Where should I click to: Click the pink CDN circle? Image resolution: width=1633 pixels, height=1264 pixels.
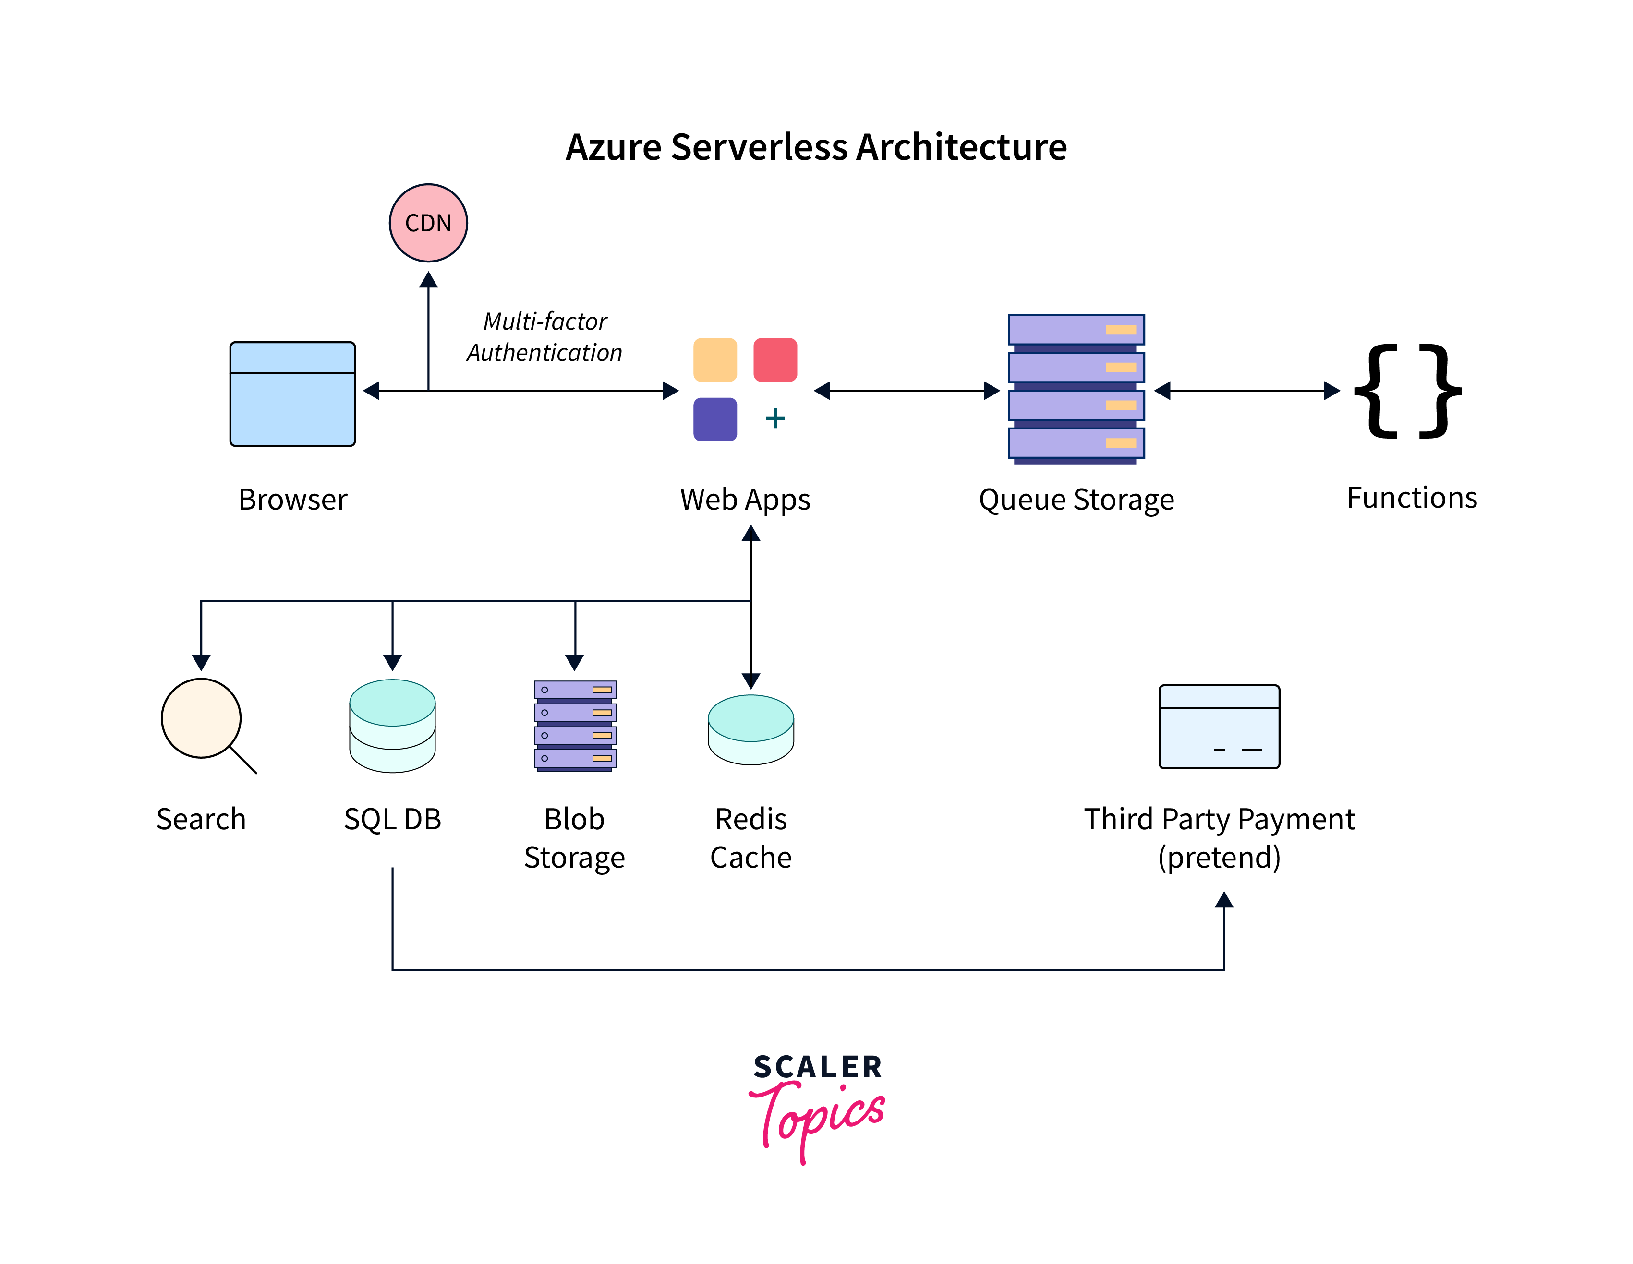click(428, 223)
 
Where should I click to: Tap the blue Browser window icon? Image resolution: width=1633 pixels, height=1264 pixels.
click(292, 394)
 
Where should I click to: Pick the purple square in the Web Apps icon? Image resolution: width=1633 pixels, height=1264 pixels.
click(715, 419)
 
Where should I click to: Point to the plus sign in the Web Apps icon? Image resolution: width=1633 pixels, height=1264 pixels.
click(775, 418)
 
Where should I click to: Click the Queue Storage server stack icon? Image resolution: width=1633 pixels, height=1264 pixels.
click(1076, 389)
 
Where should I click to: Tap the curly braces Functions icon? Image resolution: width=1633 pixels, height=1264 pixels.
click(1407, 391)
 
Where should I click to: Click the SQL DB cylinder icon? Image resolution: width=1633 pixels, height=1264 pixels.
click(393, 725)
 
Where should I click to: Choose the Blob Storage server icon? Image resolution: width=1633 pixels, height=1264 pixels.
click(575, 725)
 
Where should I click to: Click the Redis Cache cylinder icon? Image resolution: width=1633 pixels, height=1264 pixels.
click(750, 729)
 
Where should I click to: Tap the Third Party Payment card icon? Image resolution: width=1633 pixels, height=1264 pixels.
click(1219, 727)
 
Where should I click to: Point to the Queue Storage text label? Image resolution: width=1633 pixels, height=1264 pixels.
click(1076, 500)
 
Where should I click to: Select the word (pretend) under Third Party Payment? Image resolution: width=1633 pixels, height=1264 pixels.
click(1219, 858)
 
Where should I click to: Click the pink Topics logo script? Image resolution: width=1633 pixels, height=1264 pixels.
click(819, 1118)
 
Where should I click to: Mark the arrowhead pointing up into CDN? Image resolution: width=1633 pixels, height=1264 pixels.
click(428, 280)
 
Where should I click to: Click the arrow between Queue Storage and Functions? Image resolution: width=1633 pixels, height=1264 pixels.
click(1247, 390)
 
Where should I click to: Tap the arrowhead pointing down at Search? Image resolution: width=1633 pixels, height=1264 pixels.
click(201, 662)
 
